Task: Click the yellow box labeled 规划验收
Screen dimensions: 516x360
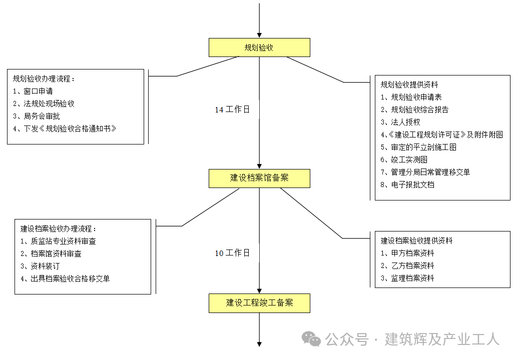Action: [x=259, y=47]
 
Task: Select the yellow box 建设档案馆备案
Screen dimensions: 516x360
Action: [x=259, y=178]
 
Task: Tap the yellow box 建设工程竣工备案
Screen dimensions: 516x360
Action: [x=259, y=303]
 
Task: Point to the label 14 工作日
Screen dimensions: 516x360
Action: [x=232, y=109]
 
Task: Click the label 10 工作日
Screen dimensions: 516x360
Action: [x=232, y=253]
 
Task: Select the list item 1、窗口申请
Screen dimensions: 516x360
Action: [x=33, y=91]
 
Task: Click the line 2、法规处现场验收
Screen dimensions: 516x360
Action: [x=44, y=103]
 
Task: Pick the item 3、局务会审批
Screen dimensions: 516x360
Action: [x=37, y=116]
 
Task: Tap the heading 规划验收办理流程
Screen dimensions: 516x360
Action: [x=44, y=78]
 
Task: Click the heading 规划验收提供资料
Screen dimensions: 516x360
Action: [x=409, y=84]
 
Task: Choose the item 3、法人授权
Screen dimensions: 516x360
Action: [x=400, y=122]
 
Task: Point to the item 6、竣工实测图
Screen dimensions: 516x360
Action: [x=404, y=159]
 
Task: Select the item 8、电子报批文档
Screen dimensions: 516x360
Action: [x=407, y=184]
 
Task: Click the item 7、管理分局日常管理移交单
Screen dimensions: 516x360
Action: [x=425, y=172]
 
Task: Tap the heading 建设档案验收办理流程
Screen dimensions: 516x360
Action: [x=58, y=228]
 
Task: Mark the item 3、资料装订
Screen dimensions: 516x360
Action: [x=40, y=266]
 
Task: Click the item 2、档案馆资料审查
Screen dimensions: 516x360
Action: [x=51, y=253]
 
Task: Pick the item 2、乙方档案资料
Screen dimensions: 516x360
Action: [x=407, y=265]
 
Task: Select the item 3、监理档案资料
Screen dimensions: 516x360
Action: [x=407, y=278]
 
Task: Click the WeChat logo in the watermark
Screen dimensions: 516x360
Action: [x=311, y=339]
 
